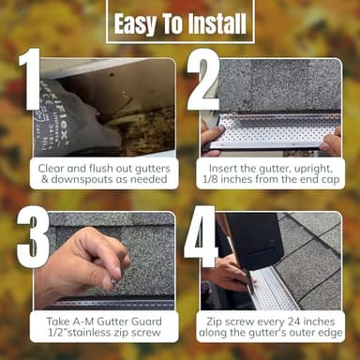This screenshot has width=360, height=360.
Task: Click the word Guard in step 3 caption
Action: tap(141, 321)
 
